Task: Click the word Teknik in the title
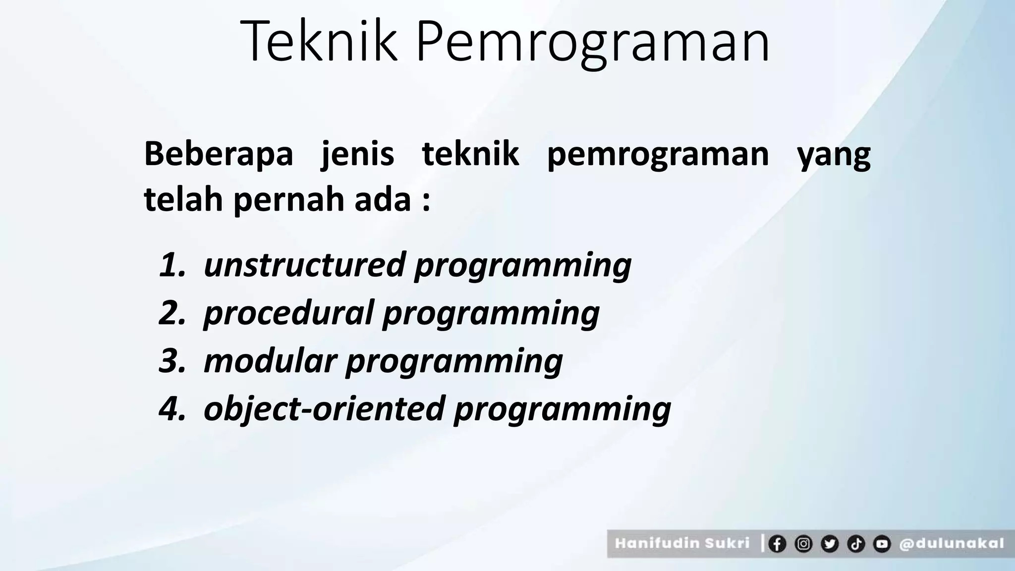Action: click(x=320, y=42)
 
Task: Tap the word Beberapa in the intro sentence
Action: click(x=219, y=154)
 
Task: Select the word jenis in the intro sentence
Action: click(x=358, y=155)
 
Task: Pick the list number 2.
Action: click(x=171, y=313)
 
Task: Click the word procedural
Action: click(x=288, y=314)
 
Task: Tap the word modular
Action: click(x=270, y=360)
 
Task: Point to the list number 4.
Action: click(x=171, y=408)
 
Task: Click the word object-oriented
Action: click(x=324, y=408)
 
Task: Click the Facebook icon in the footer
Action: click(x=777, y=544)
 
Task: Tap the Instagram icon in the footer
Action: click(x=803, y=544)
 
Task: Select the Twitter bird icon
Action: click(x=829, y=544)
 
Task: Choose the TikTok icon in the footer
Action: click(x=855, y=544)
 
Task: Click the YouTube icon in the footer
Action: click(x=882, y=544)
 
